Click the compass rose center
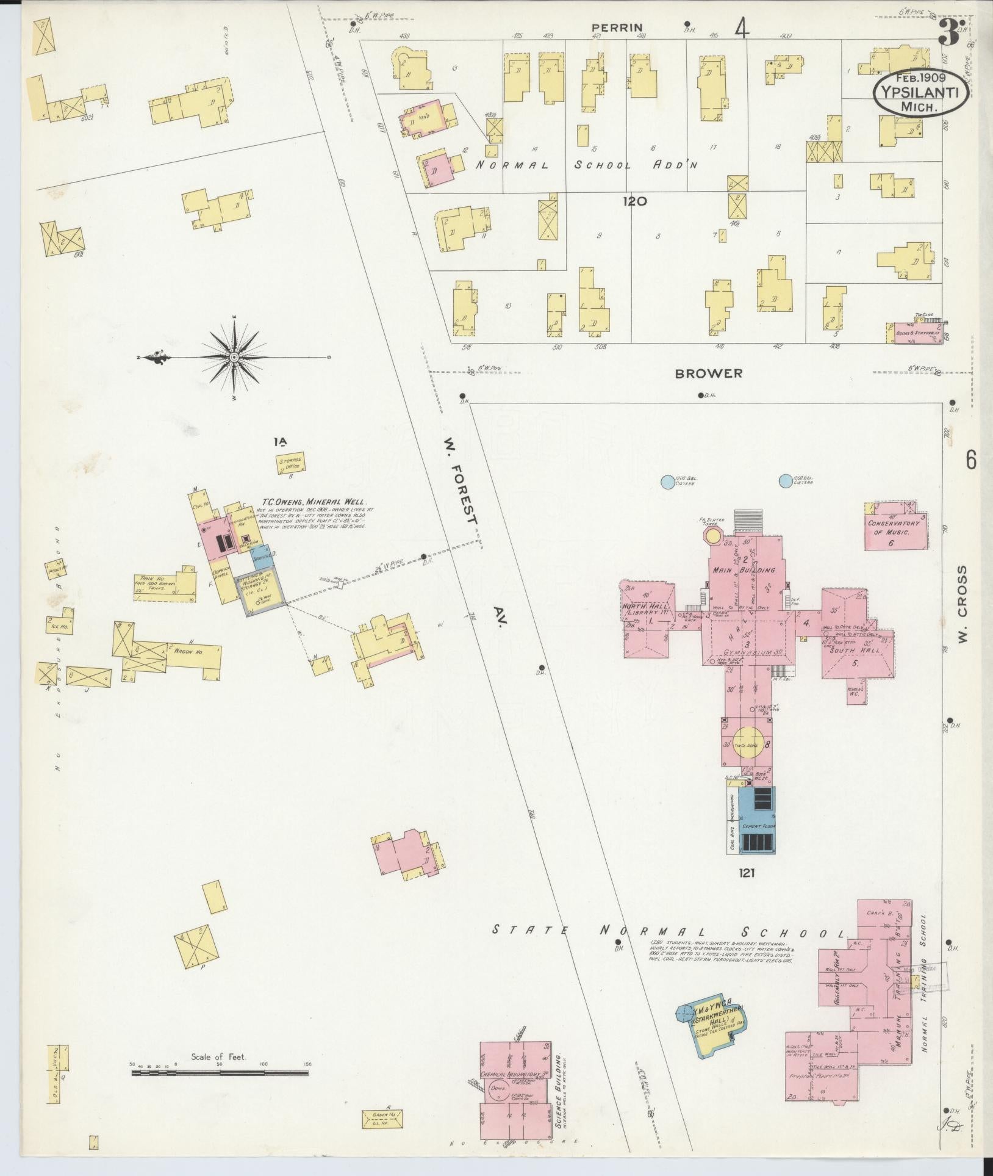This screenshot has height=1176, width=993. click(x=234, y=357)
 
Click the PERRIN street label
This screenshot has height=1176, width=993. click(x=611, y=27)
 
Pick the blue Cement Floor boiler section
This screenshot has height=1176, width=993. click(x=757, y=820)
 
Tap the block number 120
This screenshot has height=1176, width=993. click(x=635, y=201)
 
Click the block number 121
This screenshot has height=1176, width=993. click(x=746, y=873)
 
